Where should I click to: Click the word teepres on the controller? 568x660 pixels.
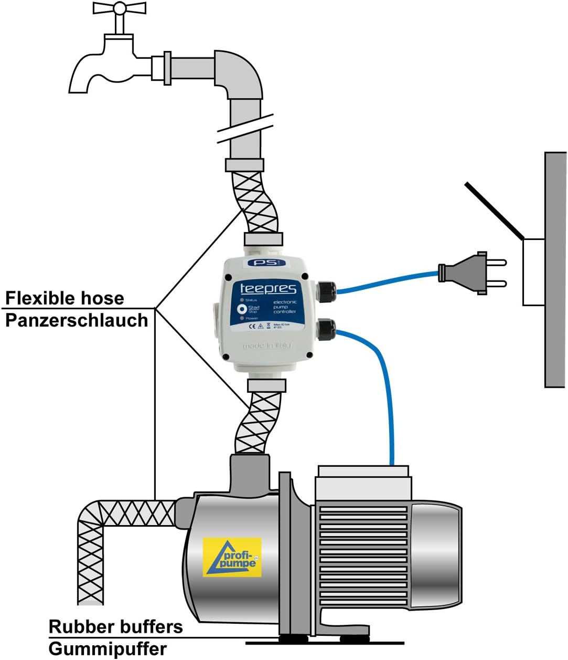point(268,288)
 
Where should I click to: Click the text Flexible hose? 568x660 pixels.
point(65,298)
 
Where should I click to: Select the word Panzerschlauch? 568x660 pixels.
point(77,320)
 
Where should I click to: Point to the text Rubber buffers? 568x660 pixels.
point(115,626)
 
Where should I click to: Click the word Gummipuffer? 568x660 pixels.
point(108,648)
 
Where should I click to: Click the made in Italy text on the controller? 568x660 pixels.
point(266,346)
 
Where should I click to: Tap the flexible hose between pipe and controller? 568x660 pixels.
point(260,202)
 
